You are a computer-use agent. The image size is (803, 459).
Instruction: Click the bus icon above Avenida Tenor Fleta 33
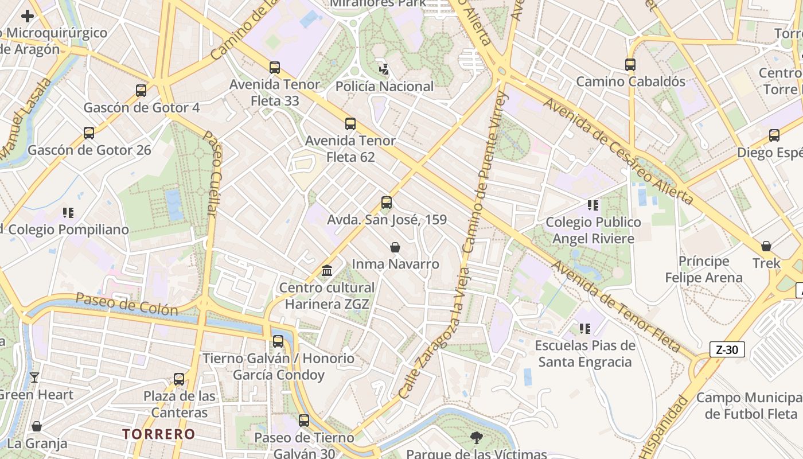pos(275,68)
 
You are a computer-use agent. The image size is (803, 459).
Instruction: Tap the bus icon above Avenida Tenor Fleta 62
pos(350,124)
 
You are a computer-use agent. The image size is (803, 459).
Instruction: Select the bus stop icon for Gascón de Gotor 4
pos(141,91)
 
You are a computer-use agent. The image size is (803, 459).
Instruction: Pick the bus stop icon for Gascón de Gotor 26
pos(89,133)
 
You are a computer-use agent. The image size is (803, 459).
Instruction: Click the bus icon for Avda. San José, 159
pos(387,203)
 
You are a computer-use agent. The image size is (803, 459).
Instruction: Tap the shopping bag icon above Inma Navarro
pos(395,247)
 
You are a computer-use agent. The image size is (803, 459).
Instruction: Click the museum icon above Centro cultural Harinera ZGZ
pos(327,270)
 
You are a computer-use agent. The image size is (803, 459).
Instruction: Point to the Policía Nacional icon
pos(384,69)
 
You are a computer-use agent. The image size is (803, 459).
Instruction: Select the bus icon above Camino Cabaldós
pos(630,65)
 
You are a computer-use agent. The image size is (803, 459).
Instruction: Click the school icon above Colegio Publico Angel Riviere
pos(593,205)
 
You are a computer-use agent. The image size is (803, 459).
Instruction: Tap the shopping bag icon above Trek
pos(766,246)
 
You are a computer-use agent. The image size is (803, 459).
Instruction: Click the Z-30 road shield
pos(727,349)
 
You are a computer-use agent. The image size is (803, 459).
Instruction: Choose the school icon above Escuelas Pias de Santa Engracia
pos(585,329)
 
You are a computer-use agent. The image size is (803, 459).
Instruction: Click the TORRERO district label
pos(158,434)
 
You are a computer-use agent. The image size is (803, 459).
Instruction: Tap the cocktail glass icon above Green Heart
pos(34,378)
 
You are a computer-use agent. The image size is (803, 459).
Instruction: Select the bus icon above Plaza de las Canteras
pos(179,379)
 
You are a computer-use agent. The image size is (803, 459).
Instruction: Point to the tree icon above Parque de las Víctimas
pos(476,438)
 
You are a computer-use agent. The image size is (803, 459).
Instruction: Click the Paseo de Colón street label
pos(127,304)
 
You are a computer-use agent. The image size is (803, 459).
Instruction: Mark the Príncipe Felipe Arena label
pos(703,270)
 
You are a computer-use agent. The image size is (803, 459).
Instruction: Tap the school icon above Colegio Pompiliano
pos(69,213)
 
